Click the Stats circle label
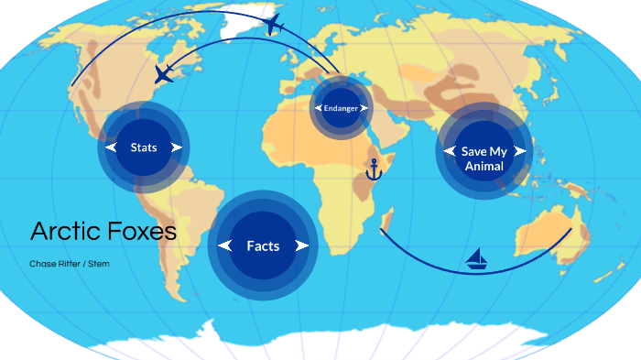tap(144, 147)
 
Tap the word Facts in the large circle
tap(263, 245)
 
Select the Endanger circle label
tap(341, 108)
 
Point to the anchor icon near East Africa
tap(374, 169)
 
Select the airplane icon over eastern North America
tap(164, 74)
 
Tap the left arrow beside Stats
tap(112, 147)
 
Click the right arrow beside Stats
tap(176, 147)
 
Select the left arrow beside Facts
tap(225, 245)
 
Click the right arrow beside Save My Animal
tap(520, 151)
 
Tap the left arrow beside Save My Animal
tap(449, 151)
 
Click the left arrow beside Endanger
tap(319, 108)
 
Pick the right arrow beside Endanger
tap(364, 108)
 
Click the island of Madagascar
tap(389, 220)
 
